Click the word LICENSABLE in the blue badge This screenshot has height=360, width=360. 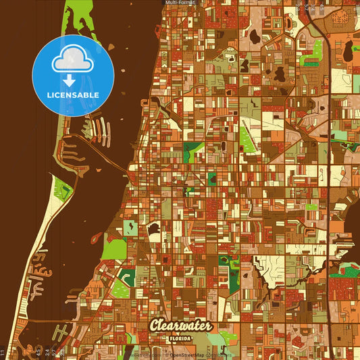click(72, 95)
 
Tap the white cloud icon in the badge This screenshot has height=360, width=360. click(72, 59)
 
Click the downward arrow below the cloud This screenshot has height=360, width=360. click(69, 80)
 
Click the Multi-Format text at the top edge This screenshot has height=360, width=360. click(180, 3)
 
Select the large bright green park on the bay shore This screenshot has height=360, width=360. click(113, 249)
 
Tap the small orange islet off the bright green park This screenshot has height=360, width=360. click(95, 238)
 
